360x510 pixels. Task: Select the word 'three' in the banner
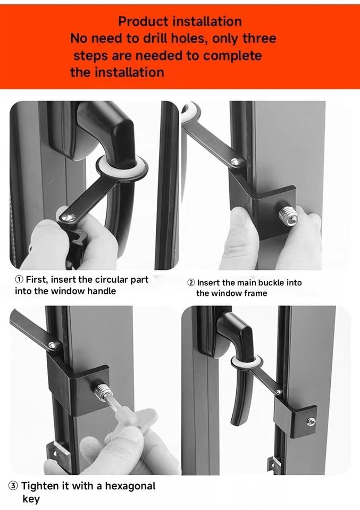coord(259,38)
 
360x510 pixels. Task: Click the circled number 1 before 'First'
coord(20,279)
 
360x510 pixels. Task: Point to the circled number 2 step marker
coord(191,283)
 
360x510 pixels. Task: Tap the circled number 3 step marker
coord(13,486)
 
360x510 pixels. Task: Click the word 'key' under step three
coord(31,499)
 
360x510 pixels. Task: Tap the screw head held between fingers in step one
coord(69,216)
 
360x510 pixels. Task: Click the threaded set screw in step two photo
coord(288,216)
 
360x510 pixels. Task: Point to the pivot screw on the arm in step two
coord(237,161)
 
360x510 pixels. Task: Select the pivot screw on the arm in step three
coord(54,345)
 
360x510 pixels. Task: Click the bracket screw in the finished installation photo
coord(311,421)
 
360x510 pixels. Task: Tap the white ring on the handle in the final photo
coord(246,361)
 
